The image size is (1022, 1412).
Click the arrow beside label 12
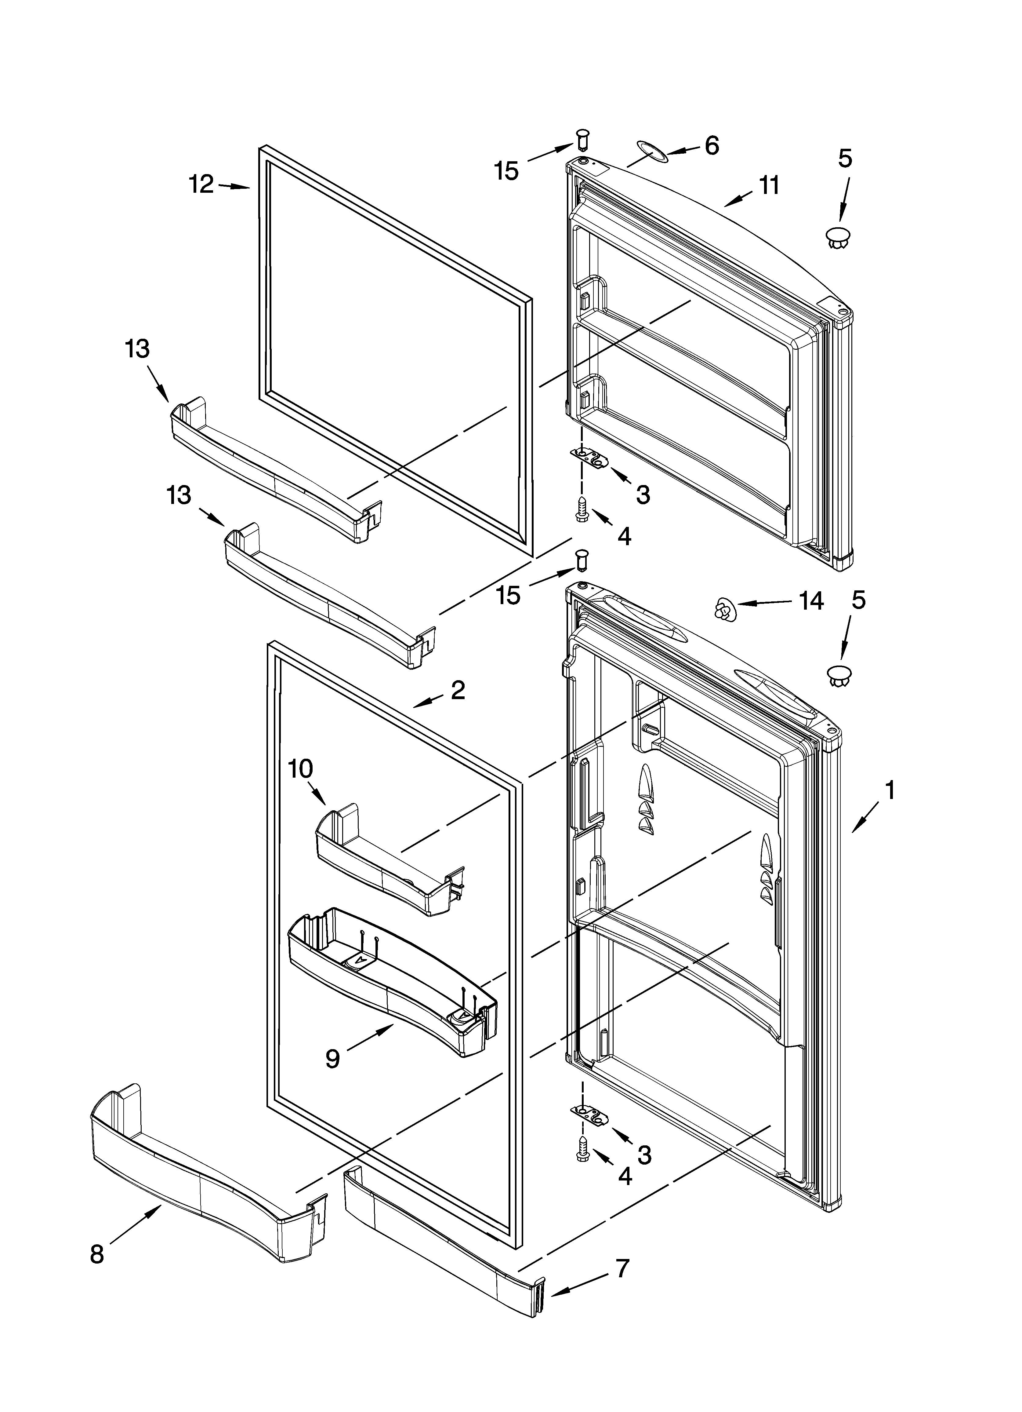[235, 185]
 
